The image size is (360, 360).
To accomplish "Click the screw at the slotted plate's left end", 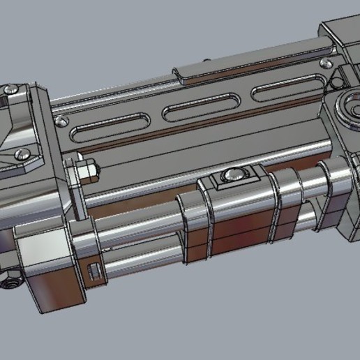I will (63, 121).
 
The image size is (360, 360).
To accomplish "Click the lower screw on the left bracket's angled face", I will (22, 155).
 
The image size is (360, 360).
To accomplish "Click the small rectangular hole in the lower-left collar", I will (95, 269).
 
